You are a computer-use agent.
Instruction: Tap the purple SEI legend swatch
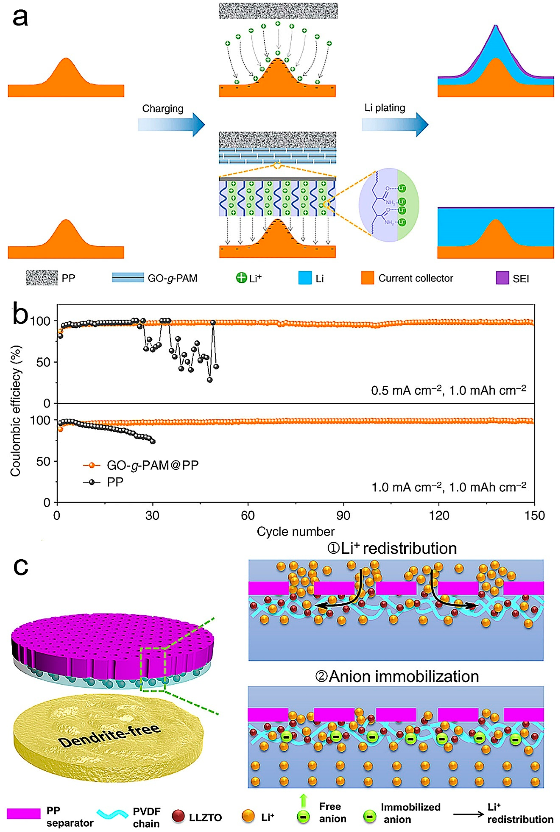point(502,278)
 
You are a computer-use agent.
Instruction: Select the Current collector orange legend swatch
point(367,278)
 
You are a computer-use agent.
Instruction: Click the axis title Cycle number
point(296,532)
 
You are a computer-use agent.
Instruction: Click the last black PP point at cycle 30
point(153,441)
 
